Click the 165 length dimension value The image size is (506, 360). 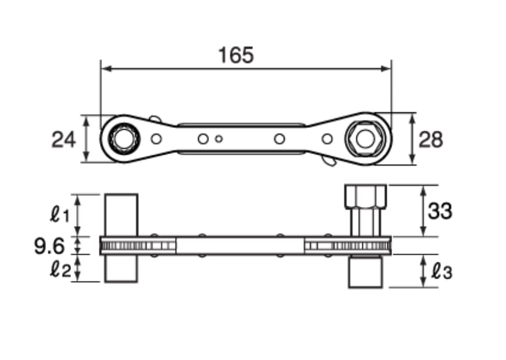236,55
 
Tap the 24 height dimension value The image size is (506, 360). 63,140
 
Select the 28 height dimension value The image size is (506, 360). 430,140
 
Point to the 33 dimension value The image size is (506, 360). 439,211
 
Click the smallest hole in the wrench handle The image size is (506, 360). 219,138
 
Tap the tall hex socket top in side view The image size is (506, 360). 365,197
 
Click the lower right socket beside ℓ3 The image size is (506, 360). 365,271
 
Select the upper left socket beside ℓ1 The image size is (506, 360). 122,215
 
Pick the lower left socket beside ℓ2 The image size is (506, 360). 122,269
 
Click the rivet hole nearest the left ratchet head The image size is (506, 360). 156,138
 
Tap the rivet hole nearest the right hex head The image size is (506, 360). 327,138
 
